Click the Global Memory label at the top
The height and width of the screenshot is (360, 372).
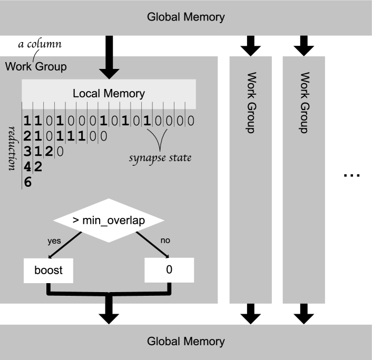coord(185,17)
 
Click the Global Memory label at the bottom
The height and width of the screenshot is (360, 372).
coord(185,342)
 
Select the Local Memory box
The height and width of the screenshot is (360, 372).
coord(109,94)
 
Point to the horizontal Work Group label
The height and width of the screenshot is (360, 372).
coord(36,67)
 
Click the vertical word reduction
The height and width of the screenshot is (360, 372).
coord(12,148)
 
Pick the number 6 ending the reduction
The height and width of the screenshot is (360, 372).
coord(28,183)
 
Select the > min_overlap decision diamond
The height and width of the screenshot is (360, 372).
coord(109,221)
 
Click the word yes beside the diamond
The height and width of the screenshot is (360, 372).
coord(54,241)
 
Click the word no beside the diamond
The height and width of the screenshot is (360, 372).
coord(165,241)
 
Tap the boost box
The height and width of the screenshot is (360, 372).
coord(48,271)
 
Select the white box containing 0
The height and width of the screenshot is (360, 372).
coord(169,270)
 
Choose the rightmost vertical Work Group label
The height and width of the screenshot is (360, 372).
coord(304,102)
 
